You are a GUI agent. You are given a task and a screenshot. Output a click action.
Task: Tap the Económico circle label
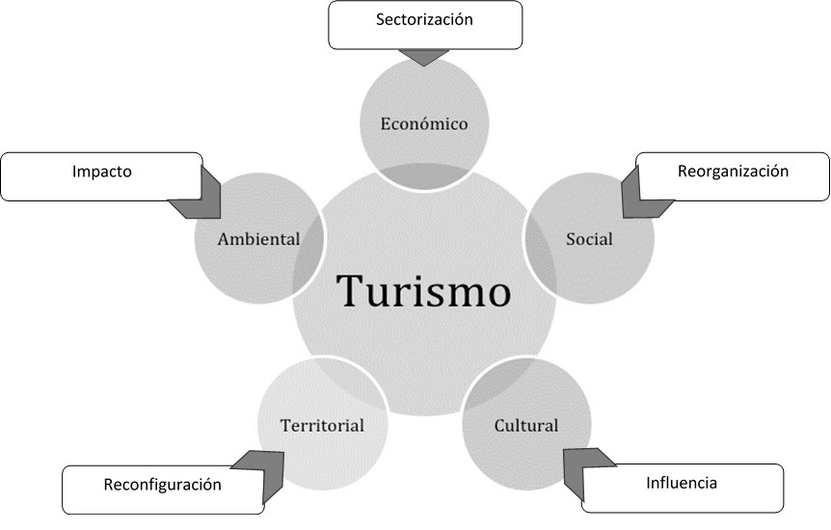(423, 123)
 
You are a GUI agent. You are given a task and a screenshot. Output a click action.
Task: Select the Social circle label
(589, 238)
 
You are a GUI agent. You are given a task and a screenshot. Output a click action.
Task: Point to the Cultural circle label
(526, 425)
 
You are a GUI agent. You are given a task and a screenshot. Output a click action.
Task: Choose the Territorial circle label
(322, 425)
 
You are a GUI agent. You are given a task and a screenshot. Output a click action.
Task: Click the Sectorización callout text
(425, 18)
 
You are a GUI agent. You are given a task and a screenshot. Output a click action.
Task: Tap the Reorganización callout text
(733, 171)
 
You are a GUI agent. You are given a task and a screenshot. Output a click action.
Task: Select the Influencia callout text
(682, 482)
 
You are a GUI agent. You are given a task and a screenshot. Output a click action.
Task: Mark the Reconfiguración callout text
(162, 484)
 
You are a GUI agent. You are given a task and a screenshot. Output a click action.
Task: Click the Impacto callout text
(101, 172)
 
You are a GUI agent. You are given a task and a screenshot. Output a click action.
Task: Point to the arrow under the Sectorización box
(423, 56)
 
